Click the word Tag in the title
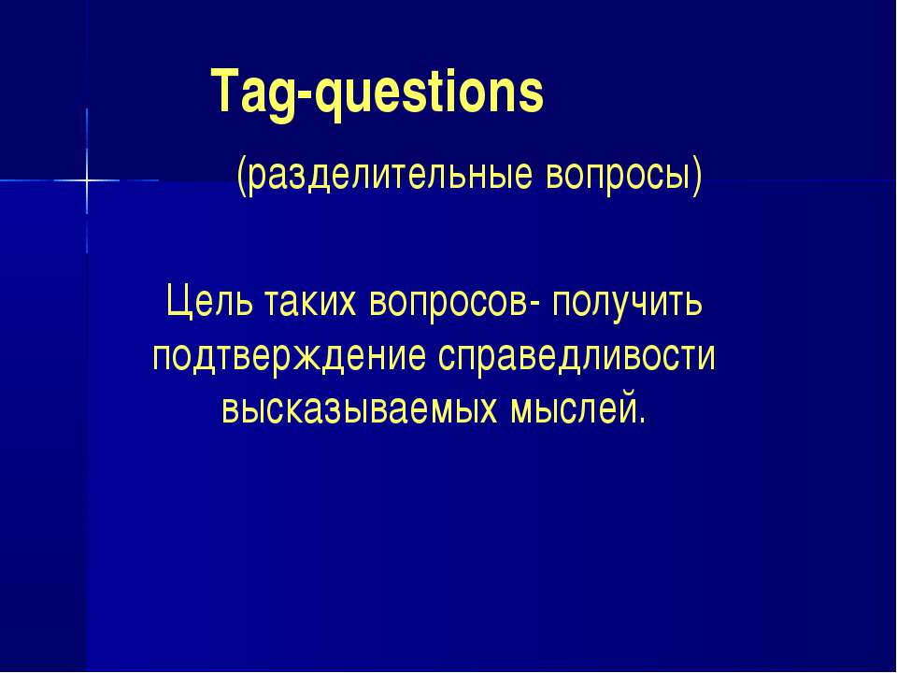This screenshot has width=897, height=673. (250, 93)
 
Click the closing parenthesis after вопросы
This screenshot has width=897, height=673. (696, 177)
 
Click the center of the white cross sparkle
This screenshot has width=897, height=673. (87, 179)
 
